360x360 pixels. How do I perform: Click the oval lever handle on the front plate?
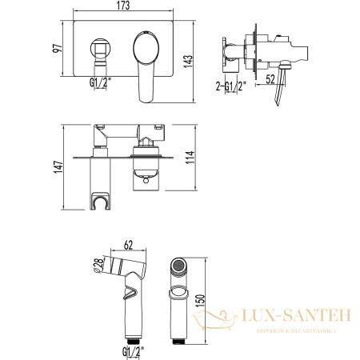146,50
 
